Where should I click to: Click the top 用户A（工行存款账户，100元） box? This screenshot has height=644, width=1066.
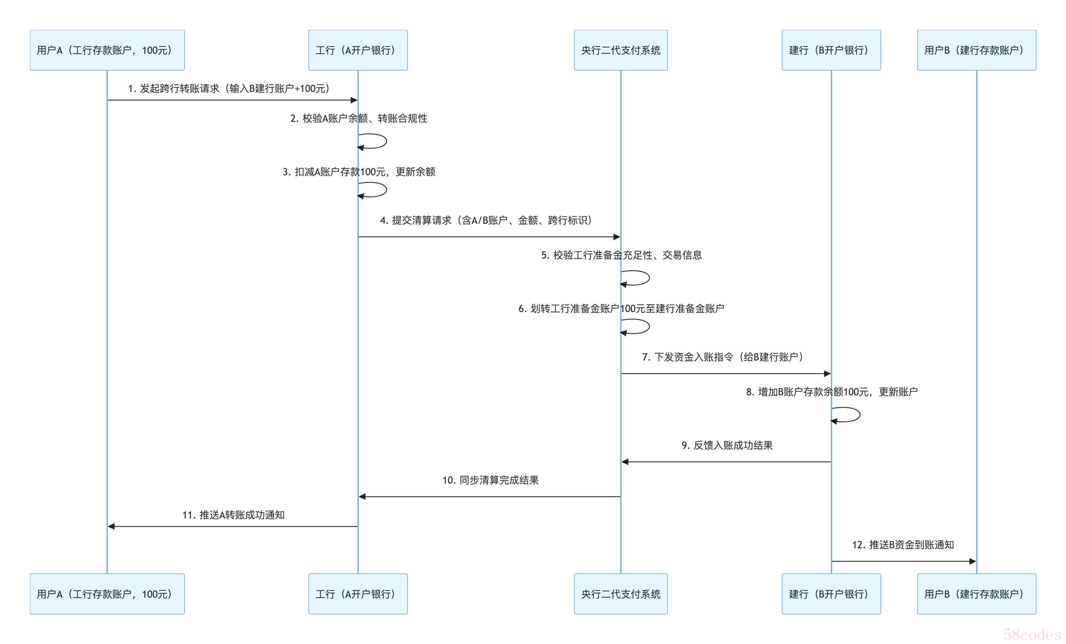coord(107,50)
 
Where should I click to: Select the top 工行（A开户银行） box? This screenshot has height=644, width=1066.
coord(358,50)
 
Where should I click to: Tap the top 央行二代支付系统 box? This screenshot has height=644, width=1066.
coord(620,50)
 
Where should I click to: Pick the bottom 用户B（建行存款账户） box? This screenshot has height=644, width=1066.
coord(977,594)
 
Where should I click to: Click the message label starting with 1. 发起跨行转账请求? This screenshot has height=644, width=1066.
coord(229,89)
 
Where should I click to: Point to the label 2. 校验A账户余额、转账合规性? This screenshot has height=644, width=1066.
coord(359,119)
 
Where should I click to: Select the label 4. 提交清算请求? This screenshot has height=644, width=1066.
coord(486,221)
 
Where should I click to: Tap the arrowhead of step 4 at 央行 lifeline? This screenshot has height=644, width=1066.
coord(617,237)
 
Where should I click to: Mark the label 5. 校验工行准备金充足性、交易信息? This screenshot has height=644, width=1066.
coord(621,255)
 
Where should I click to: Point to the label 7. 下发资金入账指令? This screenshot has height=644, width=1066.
coord(723,357)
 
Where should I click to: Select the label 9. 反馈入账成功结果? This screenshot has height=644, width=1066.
coord(727,445)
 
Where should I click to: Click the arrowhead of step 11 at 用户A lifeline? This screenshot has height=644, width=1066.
coord(111,526)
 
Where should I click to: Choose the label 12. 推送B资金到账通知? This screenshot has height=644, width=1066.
coord(903,545)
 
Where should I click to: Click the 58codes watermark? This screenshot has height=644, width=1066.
coord(1032,634)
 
